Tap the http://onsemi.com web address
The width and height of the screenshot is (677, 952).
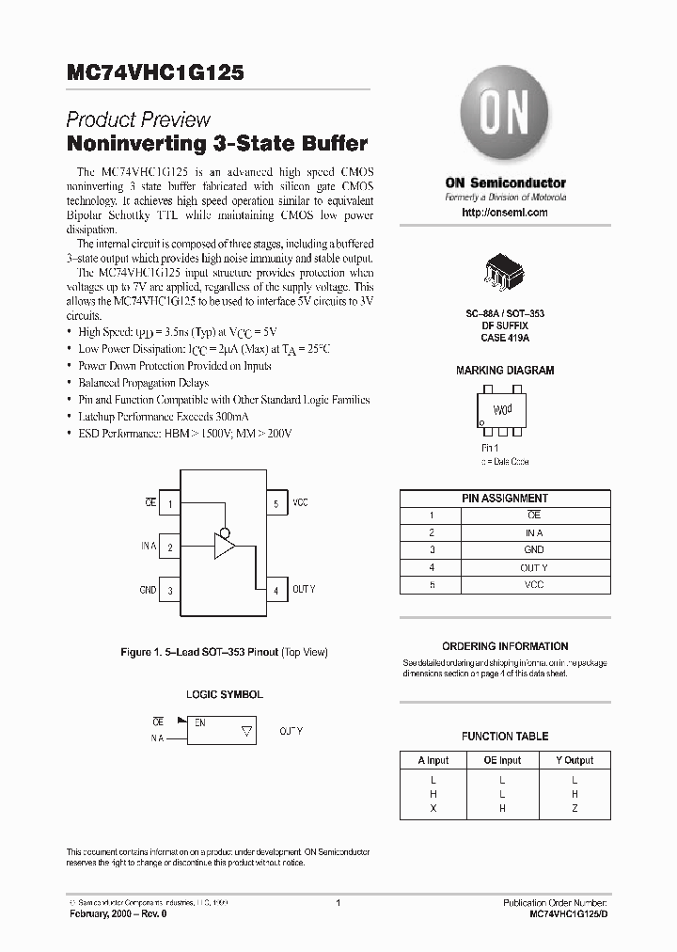(505, 213)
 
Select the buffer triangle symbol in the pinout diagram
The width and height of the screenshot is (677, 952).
(225, 547)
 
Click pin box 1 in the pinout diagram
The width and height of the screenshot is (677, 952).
(170, 503)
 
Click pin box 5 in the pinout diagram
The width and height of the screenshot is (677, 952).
(276, 503)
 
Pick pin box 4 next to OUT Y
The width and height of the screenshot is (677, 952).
(276, 590)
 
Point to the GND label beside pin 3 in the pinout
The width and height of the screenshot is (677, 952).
(148, 590)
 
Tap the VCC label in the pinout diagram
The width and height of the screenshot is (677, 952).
(300, 503)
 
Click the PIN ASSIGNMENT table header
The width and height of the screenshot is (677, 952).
(505, 498)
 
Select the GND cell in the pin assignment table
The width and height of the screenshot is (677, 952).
(534, 549)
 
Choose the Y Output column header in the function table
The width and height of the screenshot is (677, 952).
(574, 759)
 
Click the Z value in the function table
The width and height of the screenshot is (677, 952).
(575, 808)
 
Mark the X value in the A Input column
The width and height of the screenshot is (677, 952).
(433, 808)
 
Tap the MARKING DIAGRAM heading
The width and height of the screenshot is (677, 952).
(505, 371)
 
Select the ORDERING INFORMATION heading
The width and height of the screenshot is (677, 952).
(505, 646)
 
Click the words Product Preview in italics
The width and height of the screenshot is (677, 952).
(138, 119)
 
